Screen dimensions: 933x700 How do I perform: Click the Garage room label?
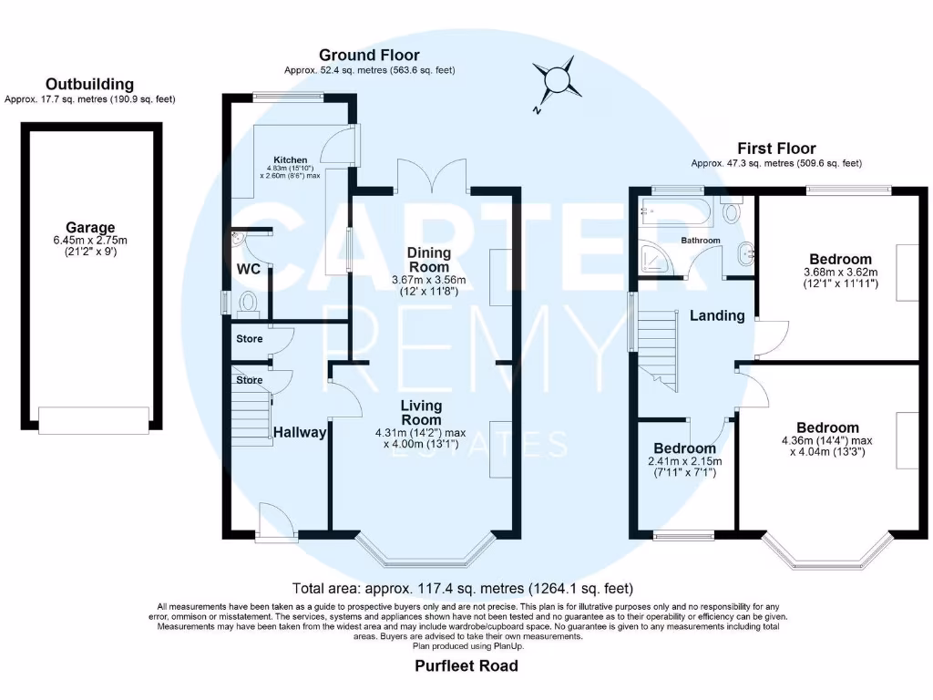click(x=90, y=227)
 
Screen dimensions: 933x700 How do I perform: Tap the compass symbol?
click(x=557, y=80)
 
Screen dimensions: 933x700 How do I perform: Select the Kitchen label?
click(x=291, y=160)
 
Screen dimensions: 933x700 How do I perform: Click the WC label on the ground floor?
click(x=249, y=269)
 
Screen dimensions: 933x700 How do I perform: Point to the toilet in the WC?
click(x=248, y=303)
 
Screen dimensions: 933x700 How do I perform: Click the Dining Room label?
click(x=429, y=260)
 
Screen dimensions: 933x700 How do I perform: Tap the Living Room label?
click(x=421, y=413)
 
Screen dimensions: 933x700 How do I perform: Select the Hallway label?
click(x=300, y=433)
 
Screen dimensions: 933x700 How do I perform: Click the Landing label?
click(x=717, y=315)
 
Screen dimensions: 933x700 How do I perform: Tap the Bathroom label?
click(x=701, y=240)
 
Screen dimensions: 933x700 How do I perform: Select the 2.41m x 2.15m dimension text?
click(x=685, y=461)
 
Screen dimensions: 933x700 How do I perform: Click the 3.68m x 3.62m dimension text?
click(x=841, y=272)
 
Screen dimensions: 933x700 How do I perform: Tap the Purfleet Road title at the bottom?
click(x=466, y=665)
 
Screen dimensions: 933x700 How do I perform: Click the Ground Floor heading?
click(x=370, y=55)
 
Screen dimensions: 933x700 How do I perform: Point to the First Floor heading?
click(x=776, y=149)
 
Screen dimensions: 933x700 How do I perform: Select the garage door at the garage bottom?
click(x=94, y=419)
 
